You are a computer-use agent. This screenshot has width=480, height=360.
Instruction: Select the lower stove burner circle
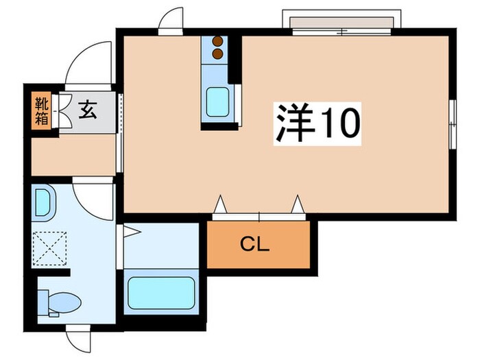219,53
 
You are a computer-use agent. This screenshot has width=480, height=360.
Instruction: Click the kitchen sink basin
219,102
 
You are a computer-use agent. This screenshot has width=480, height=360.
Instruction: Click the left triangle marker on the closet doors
220,204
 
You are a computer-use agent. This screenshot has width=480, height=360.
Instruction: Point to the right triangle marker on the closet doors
297,204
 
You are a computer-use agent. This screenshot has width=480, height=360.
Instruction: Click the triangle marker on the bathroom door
132,232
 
